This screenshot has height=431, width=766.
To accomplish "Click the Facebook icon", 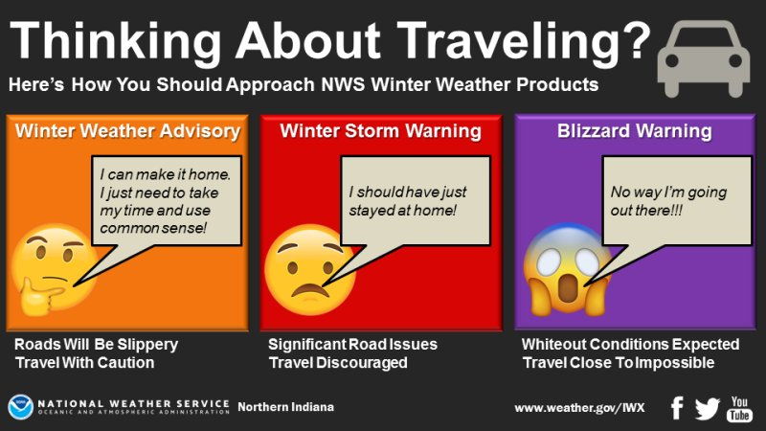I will point(677,408).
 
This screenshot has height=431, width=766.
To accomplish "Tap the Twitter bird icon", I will point(708,408).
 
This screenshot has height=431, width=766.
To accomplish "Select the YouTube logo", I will point(741,408).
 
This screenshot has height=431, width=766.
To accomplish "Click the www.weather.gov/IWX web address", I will point(579,408).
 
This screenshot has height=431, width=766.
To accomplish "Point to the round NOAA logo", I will point(20,407).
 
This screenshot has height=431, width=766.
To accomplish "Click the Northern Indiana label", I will point(285,408).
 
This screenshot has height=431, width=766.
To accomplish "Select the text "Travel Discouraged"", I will point(338,363).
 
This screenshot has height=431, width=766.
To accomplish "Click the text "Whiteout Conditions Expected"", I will point(630,344).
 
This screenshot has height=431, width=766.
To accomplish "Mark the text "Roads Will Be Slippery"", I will point(97,344).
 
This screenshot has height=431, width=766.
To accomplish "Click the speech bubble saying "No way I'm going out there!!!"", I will point(675,201).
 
